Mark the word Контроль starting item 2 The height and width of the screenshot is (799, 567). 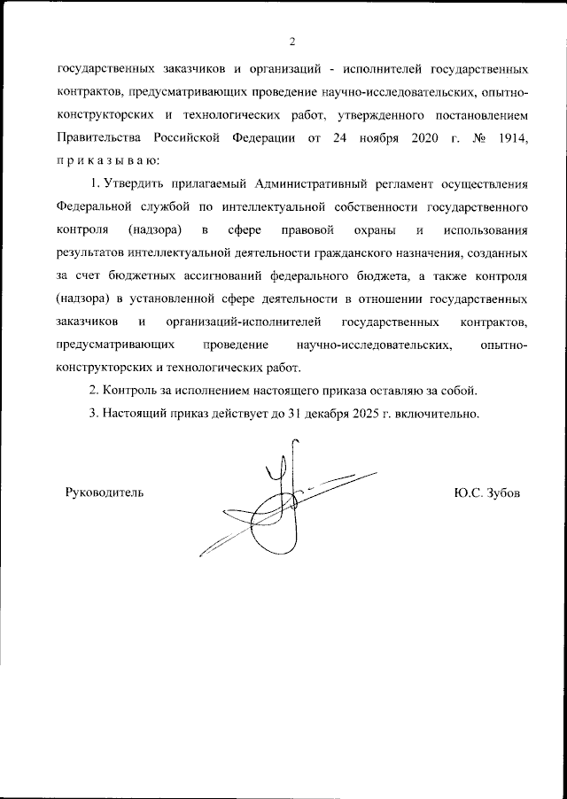(x=132, y=391)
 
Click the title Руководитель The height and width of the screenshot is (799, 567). (x=104, y=492)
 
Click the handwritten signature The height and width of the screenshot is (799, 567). (x=283, y=509)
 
